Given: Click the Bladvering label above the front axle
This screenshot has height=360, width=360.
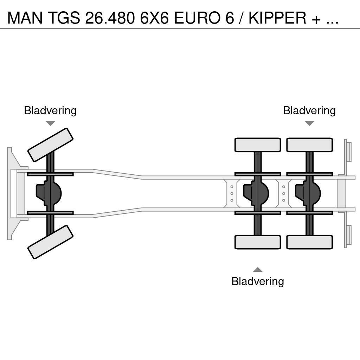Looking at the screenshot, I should click(50, 111).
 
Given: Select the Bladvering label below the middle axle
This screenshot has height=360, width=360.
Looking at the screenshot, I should click(258, 281).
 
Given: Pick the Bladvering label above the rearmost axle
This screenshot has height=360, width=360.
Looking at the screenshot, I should click(309, 111).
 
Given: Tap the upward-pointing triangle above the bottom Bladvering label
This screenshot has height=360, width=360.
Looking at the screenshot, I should click(258, 270).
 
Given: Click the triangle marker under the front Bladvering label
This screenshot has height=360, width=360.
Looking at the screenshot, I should click(50, 123).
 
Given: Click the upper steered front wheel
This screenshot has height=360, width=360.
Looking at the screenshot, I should click(50, 145).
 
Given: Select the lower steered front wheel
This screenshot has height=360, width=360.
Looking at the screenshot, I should click(50, 242).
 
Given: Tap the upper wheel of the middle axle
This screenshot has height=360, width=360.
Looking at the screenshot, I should click(258, 145).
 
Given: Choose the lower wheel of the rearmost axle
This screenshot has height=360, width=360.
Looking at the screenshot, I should click(309, 242).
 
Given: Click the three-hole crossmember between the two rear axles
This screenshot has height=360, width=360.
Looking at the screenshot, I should click(284, 193).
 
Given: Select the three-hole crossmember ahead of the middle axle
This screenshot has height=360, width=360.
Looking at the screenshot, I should click(232, 193).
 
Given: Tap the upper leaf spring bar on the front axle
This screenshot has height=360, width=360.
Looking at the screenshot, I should click(50, 174).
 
